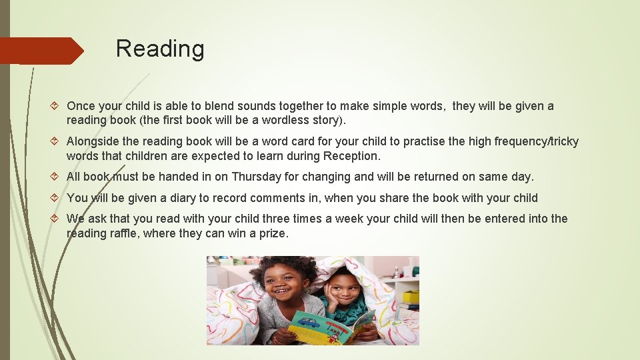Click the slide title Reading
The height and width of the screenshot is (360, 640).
click(x=160, y=49)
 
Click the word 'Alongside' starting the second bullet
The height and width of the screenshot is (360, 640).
click(x=93, y=141)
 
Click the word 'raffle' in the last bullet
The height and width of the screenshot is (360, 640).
click(x=134, y=233)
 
